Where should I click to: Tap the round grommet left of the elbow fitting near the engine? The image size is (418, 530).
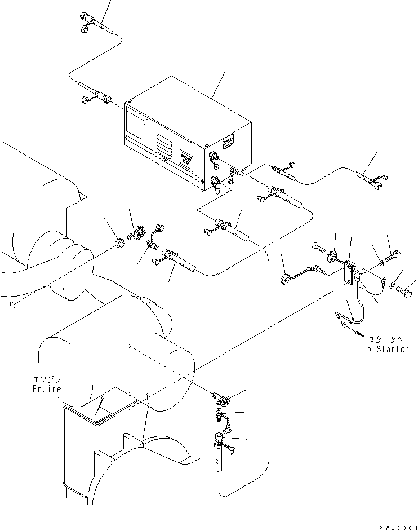point(118,244)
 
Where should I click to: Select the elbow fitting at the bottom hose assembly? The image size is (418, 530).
point(219,399)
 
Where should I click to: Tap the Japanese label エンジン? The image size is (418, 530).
point(42,380)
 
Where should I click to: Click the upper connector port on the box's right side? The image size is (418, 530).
point(214,157)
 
